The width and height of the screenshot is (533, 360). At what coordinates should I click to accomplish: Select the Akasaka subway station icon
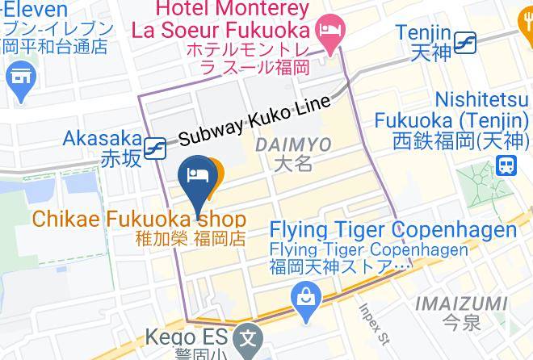pyautogui.click(x=155, y=148)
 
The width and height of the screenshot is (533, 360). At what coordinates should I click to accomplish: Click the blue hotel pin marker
pyautogui.click(x=195, y=176)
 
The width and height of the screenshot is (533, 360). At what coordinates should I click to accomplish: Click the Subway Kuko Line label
pyautogui.click(x=254, y=120)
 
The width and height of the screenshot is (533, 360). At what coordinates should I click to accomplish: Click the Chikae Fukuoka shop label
pyautogui.click(x=139, y=219)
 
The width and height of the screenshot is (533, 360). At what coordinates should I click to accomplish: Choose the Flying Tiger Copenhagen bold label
pyautogui.click(x=392, y=230)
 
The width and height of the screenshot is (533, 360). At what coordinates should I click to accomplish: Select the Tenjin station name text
pyautogui.click(x=422, y=32)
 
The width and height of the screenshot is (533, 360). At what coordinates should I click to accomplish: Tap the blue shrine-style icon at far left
pyautogui.click(x=18, y=78)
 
